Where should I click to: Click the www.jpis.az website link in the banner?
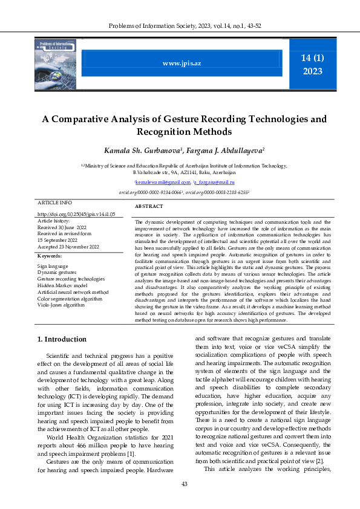pos(182,63)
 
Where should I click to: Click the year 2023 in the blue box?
pos(312,71)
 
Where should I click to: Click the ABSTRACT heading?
pos(148,207)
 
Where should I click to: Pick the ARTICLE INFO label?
pos(54,202)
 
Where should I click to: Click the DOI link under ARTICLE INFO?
pos(76,214)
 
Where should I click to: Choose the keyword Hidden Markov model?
pos(62,285)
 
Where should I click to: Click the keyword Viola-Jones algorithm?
pos(61,305)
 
